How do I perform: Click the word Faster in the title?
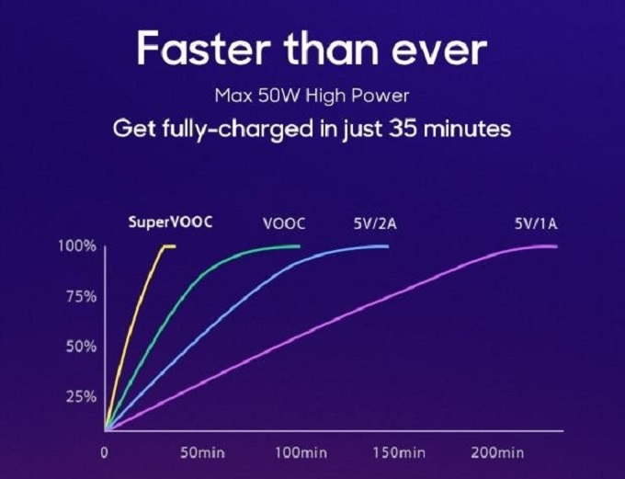pyautogui.click(x=204, y=49)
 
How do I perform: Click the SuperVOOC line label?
pyautogui.click(x=170, y=222)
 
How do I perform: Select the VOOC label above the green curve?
pyautogui.click(x=284, y=223)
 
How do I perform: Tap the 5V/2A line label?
pyautogui.click(x=375, y=223)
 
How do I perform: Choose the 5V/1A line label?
pyautogui.click(x=536, y=223)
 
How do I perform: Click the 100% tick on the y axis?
pyautogui.click(x=77, y=246)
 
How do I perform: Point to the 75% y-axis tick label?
pyautogui.click(x=81, y=297)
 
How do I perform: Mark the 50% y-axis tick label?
pyautogui.click(x=81, y=347)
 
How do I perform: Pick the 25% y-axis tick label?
pyautogui.click(x=81, y=397)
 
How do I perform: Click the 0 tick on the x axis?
pyautogui.click(x=104, y=453)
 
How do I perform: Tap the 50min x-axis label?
pyautogui.click(x=203, y=453)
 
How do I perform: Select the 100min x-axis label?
pyautogui.click(x=301, y=453)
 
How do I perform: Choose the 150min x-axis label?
pyautogui.click(x=400, y=453)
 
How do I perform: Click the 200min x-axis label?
pyautogui.click(x=497, y=453)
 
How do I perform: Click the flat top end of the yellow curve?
pyautogui.click(x=175, y=246)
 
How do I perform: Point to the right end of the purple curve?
pyautogui.click(x=556, y=246)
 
